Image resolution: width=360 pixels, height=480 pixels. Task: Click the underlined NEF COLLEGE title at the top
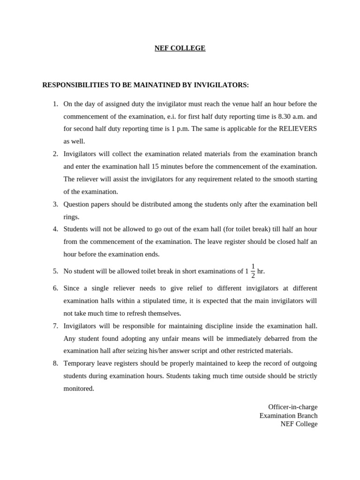coord(180,48)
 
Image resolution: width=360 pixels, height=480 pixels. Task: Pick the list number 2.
coord(55,154)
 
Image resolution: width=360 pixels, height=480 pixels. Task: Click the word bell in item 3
coord(311,204)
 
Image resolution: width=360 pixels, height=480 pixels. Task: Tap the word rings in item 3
coord(71,217)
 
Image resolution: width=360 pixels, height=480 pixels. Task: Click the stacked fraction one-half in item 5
coord(253,270)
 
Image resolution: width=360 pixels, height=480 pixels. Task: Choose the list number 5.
coord(55,271)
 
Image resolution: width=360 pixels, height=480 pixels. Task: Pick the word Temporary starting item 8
coord(80,363)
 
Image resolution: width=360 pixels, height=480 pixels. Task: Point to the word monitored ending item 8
coord(79,389)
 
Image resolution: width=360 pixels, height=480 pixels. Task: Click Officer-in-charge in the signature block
coord(292,407)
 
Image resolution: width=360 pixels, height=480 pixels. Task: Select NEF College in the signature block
coord(299,424)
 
